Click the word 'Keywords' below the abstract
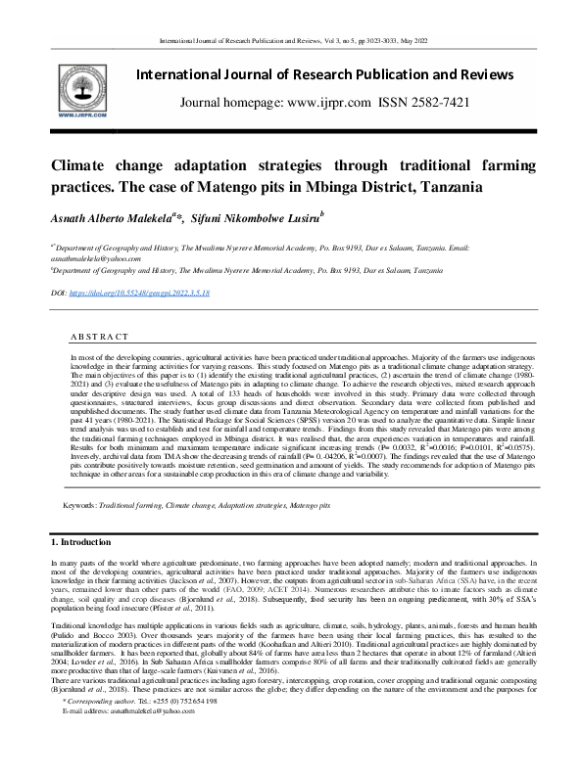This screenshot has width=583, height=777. (x=78, y=506)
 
